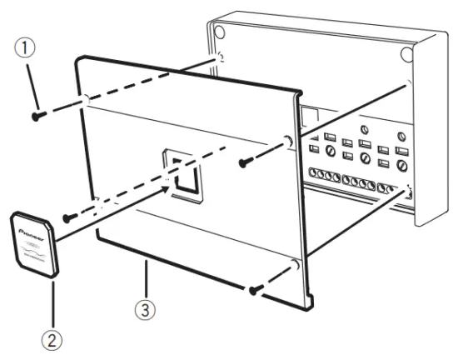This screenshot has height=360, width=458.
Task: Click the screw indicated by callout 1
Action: pos(39,115)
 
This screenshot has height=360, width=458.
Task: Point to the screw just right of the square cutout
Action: pos(245,160)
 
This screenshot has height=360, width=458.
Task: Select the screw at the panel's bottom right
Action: pos(255,291)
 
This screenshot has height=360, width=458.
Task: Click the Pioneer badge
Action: pos(34,243)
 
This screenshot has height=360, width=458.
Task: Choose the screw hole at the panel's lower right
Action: pos(293,267)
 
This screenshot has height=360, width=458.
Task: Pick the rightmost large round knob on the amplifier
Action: pos(402,167)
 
